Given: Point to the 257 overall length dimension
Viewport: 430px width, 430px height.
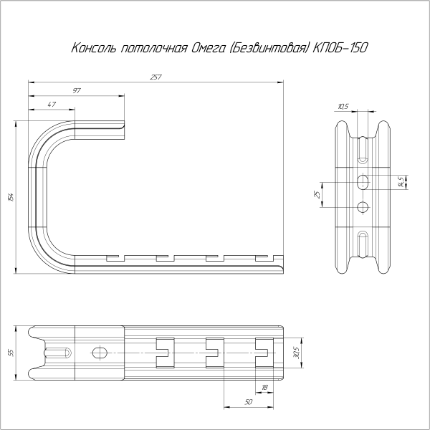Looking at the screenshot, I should [156, 77].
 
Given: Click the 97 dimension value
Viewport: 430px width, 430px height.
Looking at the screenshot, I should [76, 91].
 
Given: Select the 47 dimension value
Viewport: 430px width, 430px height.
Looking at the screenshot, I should [52, 105].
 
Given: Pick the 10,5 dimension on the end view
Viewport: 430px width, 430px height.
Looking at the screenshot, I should [343, 107].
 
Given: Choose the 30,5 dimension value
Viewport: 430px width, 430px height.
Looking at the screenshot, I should [296, 352].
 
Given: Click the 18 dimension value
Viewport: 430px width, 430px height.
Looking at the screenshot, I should [264, 387].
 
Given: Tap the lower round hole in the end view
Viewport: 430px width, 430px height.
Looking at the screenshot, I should [363, 208].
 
